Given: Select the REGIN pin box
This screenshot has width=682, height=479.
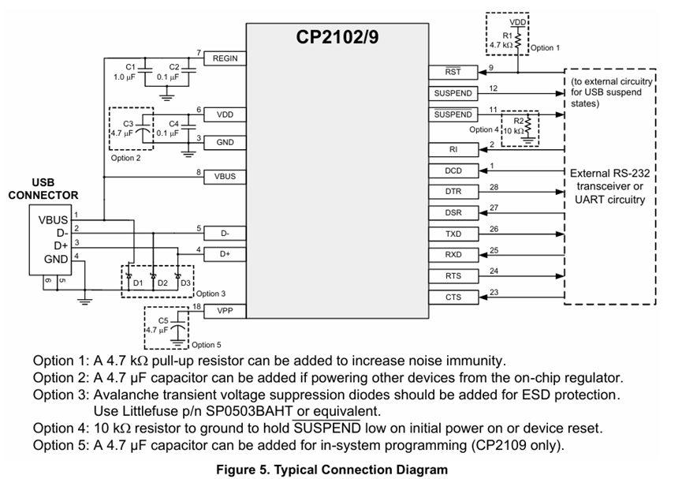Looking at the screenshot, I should point(225,58).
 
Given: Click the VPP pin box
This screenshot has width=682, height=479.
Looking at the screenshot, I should point(225,311).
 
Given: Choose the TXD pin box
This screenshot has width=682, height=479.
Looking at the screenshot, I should point(453,234).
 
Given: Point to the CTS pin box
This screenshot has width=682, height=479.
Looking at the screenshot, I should point(453,298).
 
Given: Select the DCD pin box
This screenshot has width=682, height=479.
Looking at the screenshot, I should point(453,170).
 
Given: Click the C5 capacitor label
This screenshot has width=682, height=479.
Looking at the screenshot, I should point(164,320).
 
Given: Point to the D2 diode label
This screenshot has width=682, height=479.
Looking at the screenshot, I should point(162,283).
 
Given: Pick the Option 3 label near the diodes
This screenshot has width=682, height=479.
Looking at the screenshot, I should point(211,294).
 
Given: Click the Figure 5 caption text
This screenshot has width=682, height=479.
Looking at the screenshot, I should point(332,469).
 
